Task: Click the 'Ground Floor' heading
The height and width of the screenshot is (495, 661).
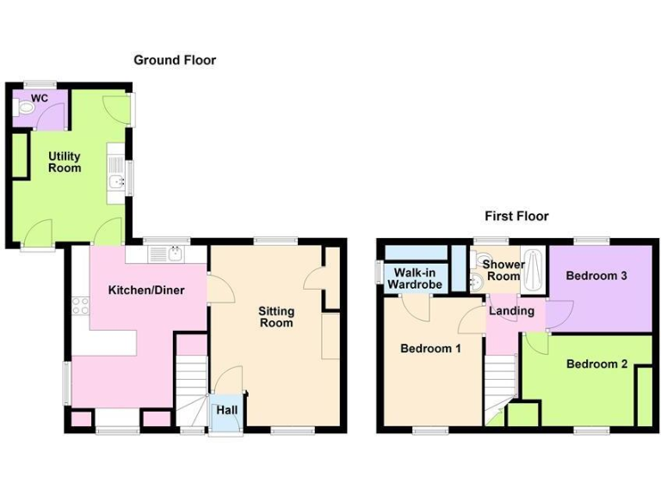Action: point(175,60)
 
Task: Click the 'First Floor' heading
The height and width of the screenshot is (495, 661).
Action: point(516,217)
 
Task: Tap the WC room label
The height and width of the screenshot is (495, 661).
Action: point(39,99)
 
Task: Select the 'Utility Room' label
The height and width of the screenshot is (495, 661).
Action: point(65,162)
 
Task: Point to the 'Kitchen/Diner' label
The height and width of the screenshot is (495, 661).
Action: point(140,290)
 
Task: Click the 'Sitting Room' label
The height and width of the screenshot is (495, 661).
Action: point(276,316)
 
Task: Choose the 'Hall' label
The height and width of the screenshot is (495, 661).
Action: point(226,411)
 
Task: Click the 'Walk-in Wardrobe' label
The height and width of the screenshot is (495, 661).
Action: point(414,278)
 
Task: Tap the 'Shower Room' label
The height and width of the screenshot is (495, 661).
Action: point(503,270)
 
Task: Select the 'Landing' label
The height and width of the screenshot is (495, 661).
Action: point(513,310)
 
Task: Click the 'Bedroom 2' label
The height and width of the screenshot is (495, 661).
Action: point(596,364)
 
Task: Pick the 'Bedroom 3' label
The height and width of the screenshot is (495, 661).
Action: point(596,276)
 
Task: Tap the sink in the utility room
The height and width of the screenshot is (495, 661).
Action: point(115,182)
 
